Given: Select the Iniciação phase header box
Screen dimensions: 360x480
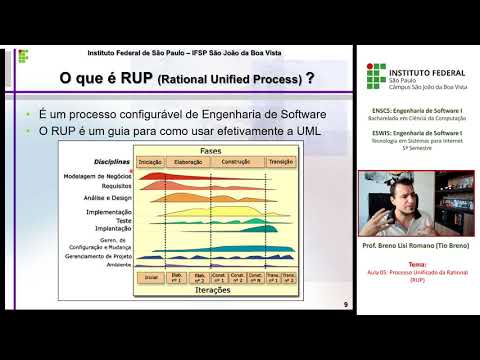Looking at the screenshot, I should [x=150, y=161].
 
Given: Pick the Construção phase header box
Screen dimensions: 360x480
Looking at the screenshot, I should [x=236, y=161].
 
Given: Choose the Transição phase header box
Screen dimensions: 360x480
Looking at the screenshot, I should [x=280, y=161].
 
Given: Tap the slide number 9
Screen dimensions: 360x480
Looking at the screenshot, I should [x=346, y=304].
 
